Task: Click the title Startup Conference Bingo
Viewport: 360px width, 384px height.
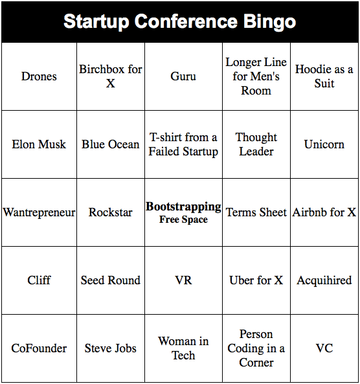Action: point(179,21)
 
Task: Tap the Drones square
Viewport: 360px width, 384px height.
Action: point(39,76)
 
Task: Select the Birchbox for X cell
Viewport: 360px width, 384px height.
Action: point(111,76)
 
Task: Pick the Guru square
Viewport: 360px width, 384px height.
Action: point(183,76)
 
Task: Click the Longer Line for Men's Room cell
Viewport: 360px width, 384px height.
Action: point(256,76)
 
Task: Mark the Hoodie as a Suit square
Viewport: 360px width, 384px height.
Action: point(324,76)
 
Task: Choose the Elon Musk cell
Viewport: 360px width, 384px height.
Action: point(39,144)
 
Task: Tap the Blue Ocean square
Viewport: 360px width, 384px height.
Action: point(111,144)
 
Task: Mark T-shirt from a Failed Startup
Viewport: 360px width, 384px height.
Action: point(183,144)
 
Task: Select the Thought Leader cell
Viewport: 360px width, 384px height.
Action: point(256,144)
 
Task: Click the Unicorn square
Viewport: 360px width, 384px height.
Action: point(324,144)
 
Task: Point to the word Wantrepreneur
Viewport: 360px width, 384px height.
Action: point(39,212)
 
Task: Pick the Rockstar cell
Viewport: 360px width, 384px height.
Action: point(111,212)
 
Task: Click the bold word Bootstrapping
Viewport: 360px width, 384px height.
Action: point(183,207)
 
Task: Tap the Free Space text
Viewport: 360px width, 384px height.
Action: point(183,220)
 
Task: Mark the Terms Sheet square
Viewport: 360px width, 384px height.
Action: point(256,212)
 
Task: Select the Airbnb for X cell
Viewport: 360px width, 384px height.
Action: point(324,212)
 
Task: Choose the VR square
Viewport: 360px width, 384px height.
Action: point(183,280)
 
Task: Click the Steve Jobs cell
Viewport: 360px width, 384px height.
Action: point(111,348)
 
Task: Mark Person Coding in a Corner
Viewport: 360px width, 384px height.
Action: point(256,348)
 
